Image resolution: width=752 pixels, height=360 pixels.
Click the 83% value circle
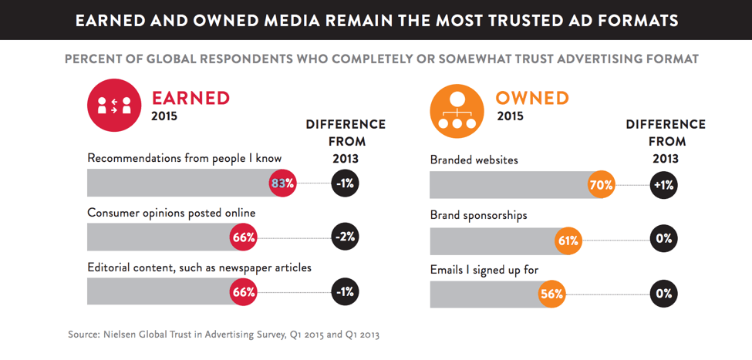[282, 183]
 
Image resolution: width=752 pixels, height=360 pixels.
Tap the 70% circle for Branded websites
[602, 185]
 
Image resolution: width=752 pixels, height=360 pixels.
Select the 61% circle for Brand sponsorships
[568, 240]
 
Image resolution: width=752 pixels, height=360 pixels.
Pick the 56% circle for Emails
[551, 294]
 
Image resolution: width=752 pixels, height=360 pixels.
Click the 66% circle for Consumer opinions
[244, 237]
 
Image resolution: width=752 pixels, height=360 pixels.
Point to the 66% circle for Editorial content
[244, 292]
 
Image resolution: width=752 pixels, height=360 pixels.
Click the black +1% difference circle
[663, 185]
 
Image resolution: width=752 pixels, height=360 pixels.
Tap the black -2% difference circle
[345, 237]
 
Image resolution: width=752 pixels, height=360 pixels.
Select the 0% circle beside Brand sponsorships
[663, 240]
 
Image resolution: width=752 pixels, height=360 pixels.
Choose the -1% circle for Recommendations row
[345, 183]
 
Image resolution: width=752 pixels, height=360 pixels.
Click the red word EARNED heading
[191, 98]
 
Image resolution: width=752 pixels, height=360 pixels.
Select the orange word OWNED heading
[532, 98]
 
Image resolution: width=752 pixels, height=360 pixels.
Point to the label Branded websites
[474, 160]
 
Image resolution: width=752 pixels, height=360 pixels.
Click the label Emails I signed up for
[484, 270]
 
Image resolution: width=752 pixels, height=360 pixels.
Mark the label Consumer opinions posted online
[171, 213]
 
